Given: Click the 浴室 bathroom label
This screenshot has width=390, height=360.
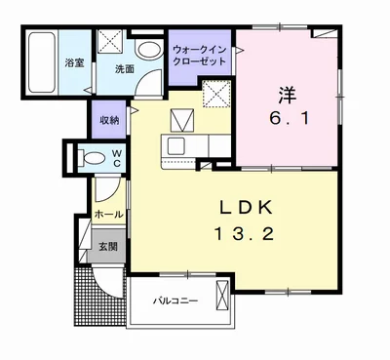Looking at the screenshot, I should (x=72, y=64).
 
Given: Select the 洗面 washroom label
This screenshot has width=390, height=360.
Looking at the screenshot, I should (x=124, y=69).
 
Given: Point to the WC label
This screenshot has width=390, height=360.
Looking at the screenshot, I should (x=115, y=158).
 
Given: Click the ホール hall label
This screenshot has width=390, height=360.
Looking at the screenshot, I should (x=108, y=214).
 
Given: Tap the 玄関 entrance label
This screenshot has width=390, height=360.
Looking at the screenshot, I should (x=107, y=247).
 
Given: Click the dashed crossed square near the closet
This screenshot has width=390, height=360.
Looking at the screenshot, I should (x=214, y=94).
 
